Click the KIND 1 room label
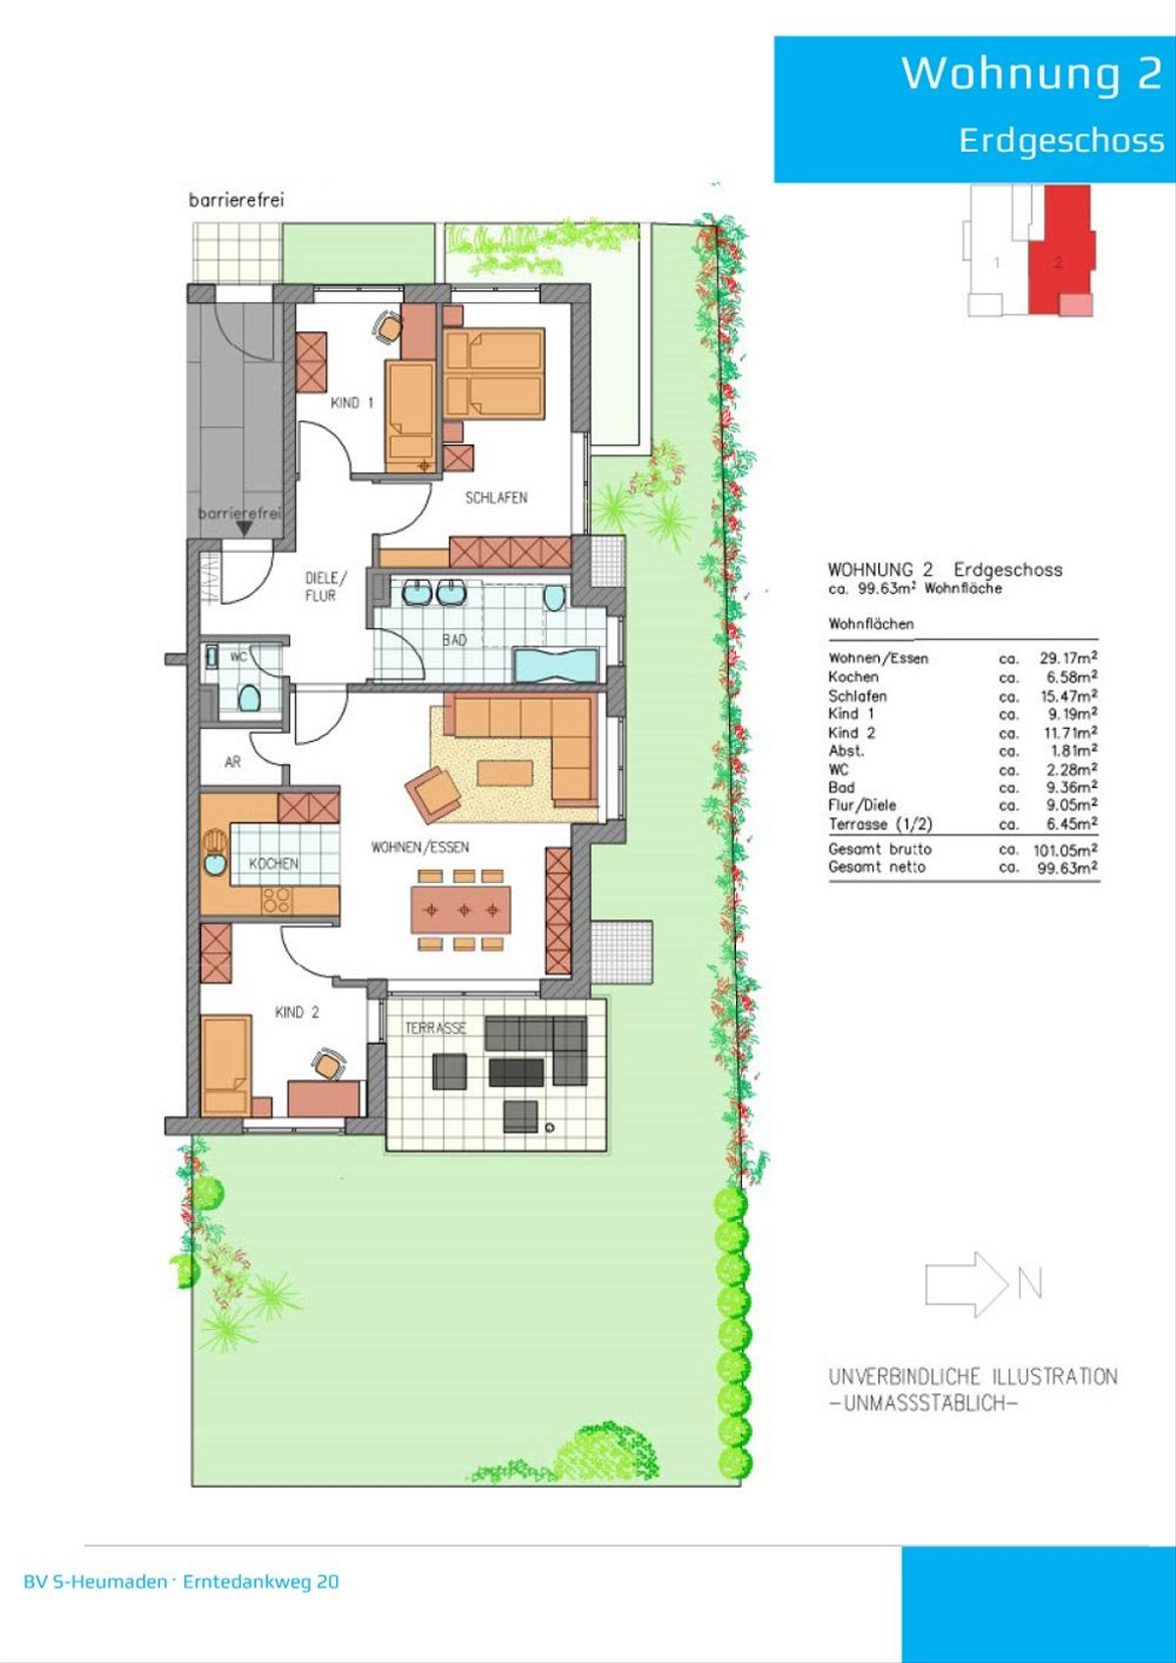(x=352, y=403)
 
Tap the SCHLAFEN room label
(x=496, y=498)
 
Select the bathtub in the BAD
(x=556, y=664)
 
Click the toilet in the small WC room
(x=249, y=698)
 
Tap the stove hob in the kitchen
(x=277, y=900)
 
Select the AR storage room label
(x=232, y=761)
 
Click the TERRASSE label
(x=435, y=1028)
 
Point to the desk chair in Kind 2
(x=327, y=1064)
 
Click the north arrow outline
(x=966, y=1284)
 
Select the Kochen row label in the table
(x=853, y=677)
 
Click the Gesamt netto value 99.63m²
(x=1069, y=867)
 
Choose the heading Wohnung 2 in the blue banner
(x=1031, y=73)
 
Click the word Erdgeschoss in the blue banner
(x=1061, y=140)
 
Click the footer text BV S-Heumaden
(x=96, y=1582)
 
